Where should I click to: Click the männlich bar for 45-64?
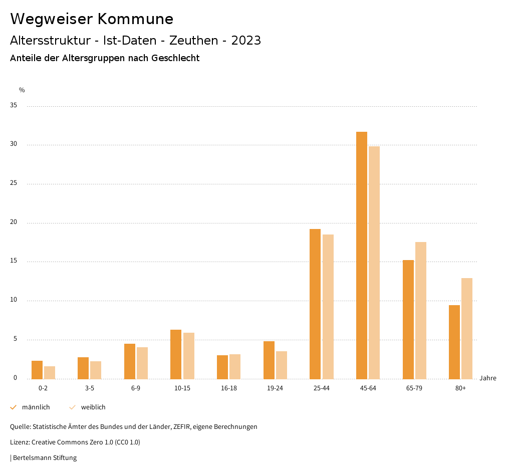pos(362,255)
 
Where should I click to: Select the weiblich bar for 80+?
pos(467,328)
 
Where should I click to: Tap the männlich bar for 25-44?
pos(315,304)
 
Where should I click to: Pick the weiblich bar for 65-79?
pos(421,310)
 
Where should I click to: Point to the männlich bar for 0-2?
pos(37,370)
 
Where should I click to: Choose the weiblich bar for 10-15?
pos(189,356)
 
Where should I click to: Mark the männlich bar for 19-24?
pos(269,360)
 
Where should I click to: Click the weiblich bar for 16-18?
pos(235,366)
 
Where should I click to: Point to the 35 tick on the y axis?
pos(14,106)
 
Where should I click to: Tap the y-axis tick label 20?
pos(14,222)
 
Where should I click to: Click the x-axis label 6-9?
pos(136,388)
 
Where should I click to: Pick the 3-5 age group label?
pos(89,388)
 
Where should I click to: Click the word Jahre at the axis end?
pos(488,378)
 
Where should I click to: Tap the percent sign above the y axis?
pos(22,90)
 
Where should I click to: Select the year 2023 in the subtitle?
pos(246,41)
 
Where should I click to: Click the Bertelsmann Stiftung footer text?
pos(45,458)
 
